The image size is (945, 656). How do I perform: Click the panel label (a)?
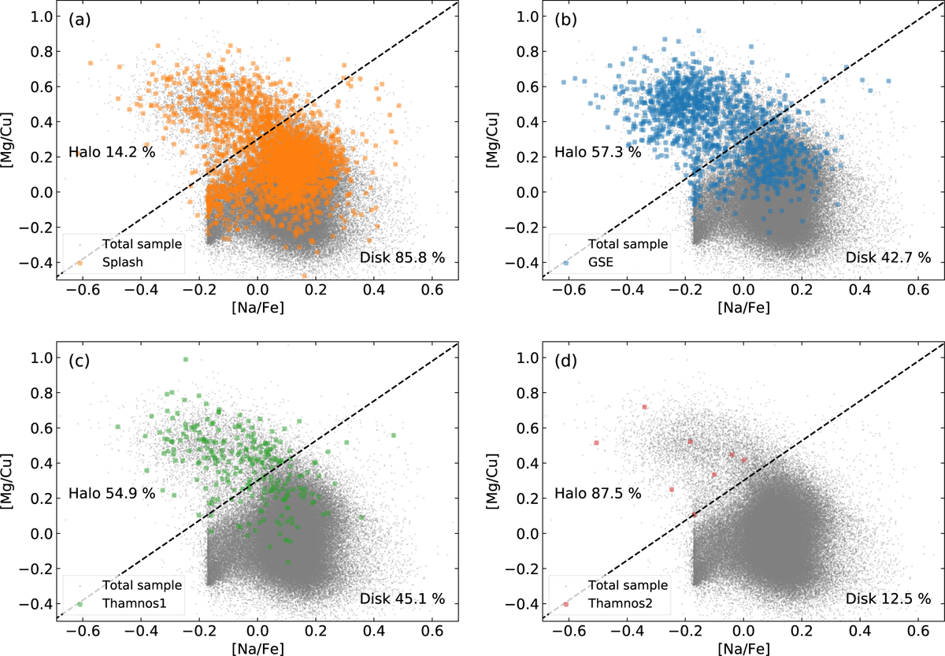pos(80,20)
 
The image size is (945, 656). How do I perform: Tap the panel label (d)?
pos(565,361)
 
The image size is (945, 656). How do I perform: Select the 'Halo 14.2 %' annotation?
pos(112,152)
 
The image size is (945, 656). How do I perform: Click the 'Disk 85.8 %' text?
pos(402,258)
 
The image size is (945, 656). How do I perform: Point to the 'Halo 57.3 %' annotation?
pos(598,152)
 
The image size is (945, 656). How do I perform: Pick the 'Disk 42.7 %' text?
pos(888,258)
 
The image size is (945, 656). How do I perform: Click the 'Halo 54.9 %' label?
pos(112,493)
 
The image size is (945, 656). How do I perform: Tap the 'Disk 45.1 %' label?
pos(402,599)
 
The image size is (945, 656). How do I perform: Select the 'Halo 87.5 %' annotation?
pos(598,493)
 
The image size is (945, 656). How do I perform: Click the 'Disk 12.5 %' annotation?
pos(888,599)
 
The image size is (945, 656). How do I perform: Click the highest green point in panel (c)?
pos(186,359)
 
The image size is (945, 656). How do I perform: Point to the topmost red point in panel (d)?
pos(644,407)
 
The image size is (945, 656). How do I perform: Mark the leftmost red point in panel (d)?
pos(596,443)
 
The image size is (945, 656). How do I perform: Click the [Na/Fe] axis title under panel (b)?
pos(743,308)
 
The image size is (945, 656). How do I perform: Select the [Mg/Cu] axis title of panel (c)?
pos(7,481)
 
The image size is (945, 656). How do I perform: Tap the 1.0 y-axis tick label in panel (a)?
pos(42,17)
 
